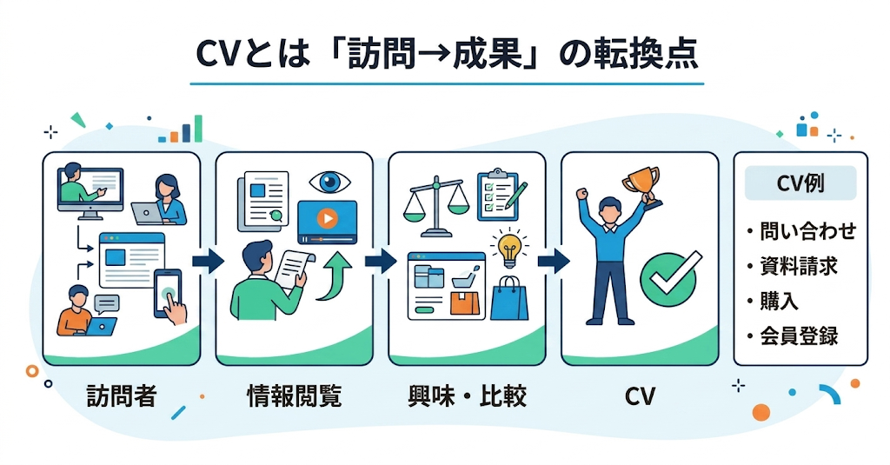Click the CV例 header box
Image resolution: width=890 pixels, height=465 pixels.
pyautogui.click(x=800, y=184)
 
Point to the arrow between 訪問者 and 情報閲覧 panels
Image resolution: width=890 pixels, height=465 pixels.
pyautogui.click(x=208, y=261)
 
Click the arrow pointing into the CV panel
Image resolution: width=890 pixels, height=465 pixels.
pyautogui.click(x=553, y=261)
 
